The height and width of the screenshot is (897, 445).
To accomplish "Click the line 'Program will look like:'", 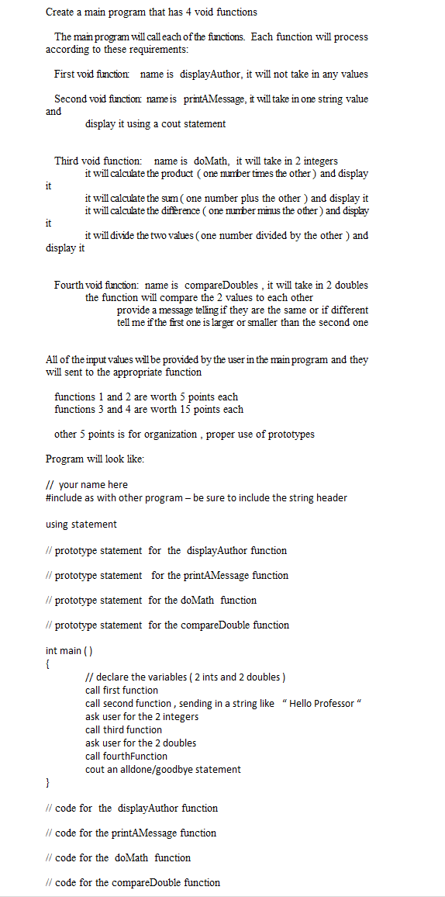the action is point(95,459).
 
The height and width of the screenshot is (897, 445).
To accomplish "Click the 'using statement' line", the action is point(81,524).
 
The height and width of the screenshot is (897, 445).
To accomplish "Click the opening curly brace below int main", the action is point(48,664).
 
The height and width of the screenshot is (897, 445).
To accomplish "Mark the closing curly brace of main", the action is point(48,783).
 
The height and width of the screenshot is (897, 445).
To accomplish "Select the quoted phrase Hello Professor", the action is point(321,703).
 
